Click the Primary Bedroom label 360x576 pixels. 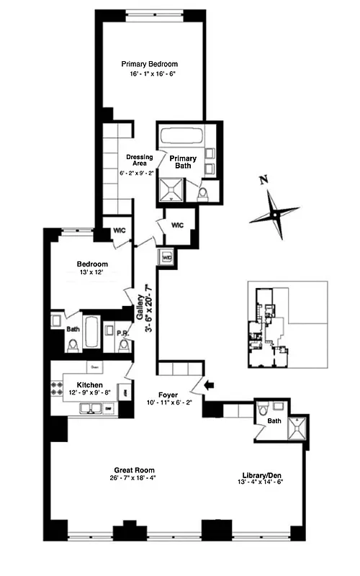[x=149, y=64]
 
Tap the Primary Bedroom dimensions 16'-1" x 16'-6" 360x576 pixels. [x=149, y=74]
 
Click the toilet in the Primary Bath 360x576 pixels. [x=204, y=191]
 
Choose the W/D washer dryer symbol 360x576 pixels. [x=167, y=256]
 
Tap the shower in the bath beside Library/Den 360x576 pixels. [x=296, y=430]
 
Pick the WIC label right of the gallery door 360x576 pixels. [x=177, y=225]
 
